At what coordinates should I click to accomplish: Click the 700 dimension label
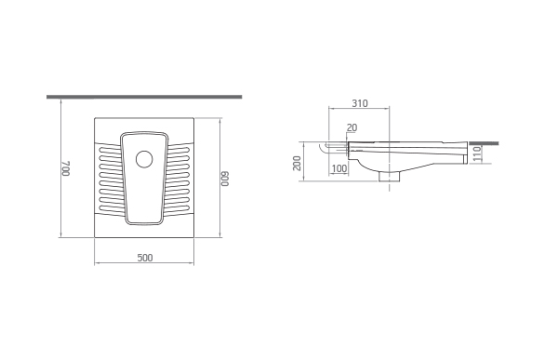point(66,168)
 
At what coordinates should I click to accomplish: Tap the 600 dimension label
point(225,180)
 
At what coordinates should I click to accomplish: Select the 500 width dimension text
point(145,258)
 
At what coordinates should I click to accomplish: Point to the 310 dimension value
point(360,103)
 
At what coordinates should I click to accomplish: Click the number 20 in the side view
point(352,127)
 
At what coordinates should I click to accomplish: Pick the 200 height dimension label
point(298,163)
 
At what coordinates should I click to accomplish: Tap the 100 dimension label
point(339,168)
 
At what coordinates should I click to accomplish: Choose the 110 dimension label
point(477,153)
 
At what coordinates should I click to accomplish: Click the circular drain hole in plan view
point(144,159)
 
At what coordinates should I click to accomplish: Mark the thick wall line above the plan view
point(144,97)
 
